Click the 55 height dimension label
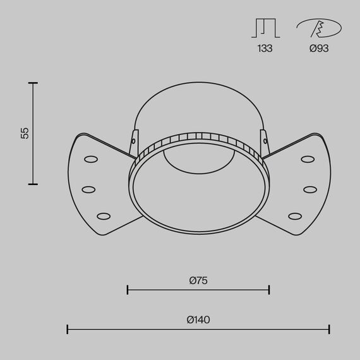25,133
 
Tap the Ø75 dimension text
198,280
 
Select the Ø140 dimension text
198,320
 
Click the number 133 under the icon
265,48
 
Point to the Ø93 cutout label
319,48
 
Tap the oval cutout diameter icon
319,28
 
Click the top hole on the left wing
90,159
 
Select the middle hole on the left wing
88,188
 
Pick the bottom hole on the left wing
104,216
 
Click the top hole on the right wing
308,159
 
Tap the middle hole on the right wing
309,188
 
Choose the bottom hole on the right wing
295,216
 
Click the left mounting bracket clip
133,142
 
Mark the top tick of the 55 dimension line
33,83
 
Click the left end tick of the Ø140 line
68,328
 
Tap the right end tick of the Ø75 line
270,290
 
